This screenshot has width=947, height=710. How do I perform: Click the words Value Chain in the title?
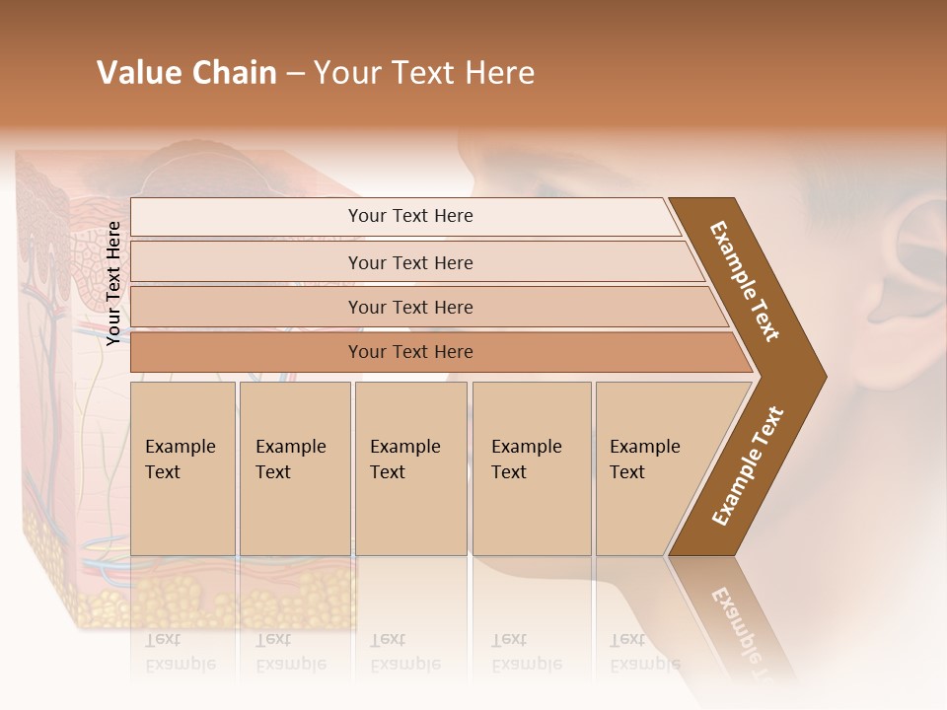tap(186, 73)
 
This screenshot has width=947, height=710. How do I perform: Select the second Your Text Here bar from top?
tap(410, 262)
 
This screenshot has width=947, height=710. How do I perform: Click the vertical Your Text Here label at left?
tap(113, 283)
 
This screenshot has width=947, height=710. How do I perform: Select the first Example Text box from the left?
tap(182, 468)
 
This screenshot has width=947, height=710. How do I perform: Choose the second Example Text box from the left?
tap(294, 468)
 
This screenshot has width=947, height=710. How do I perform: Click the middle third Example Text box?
tap(410, 468)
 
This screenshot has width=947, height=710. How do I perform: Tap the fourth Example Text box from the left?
tap(531, 468)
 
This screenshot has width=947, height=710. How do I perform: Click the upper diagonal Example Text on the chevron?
tap(745, 281)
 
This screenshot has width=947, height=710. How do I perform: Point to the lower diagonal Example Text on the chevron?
tap(747, 465)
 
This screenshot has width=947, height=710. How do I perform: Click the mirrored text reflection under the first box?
tap(181, 652)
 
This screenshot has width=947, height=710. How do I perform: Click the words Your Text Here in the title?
tap(424, 73)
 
